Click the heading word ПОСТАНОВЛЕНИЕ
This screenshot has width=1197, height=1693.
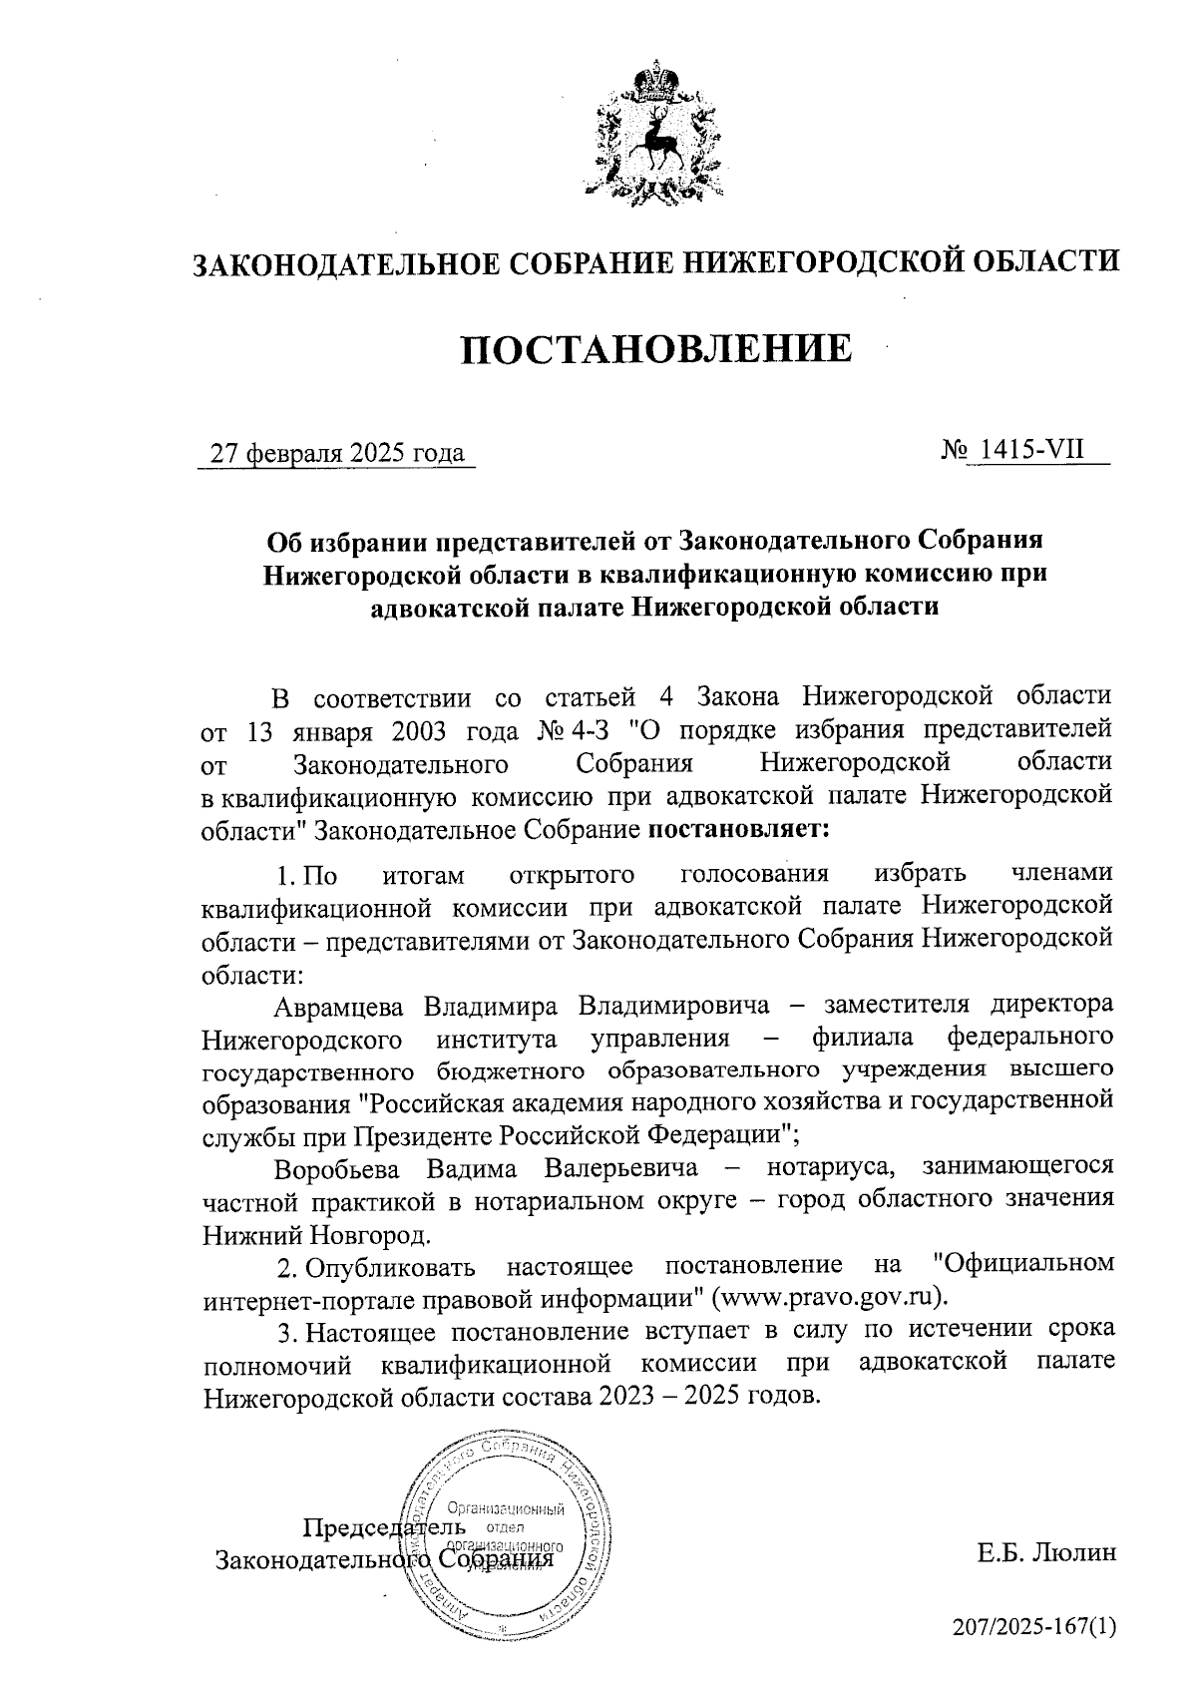656,349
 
